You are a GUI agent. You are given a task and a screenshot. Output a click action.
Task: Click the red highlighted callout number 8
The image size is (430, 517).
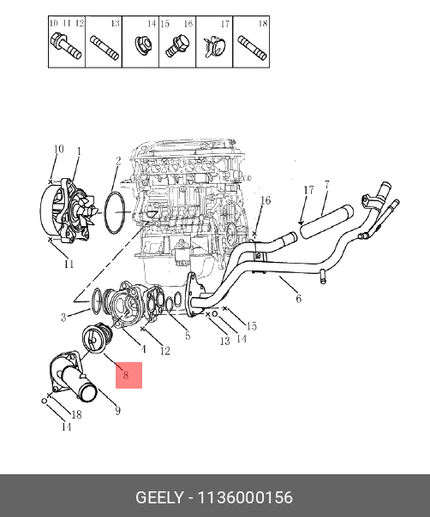pyautogui.click(x=126, y=375)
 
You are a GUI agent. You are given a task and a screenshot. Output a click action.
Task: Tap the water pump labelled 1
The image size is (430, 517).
pyautogui.click(x=69, y=211)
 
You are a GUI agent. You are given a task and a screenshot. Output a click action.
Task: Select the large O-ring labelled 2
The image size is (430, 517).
pyautogui.click(x=115, y=212)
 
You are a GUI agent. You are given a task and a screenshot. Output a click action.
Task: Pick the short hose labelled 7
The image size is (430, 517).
pyautogui.click(x=326, y=221)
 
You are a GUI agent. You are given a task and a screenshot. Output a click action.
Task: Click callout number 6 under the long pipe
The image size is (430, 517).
pyautogui.click(x=299, y=299)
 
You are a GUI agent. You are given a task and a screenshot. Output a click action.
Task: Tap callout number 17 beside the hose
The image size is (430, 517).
pyautogui.click(x=308, y=190)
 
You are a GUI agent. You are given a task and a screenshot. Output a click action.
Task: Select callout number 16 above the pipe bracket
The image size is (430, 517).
pyautogui.click(x=266, y=200)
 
